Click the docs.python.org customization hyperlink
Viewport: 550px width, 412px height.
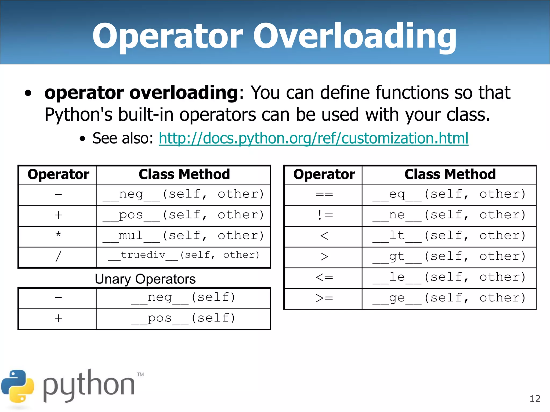click(x=313, y=138)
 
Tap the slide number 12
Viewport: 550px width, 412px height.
click(x=535, y=399)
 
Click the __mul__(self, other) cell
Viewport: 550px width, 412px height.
click(x=183, y=236)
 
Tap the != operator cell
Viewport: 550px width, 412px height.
click(x=324, y=215)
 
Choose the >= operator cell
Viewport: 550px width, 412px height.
click(x=324, y=298)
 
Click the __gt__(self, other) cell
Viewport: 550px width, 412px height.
click(x=449, y=257)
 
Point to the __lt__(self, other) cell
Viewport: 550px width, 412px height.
click(x=449, y=236)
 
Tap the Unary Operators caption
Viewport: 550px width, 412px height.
click(x=145, y=279)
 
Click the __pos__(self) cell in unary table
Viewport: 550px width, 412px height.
click(x=183, y=319)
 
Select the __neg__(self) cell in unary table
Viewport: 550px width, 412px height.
click(x=183, y=298)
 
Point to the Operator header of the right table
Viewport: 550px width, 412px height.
click(x=324, y=175)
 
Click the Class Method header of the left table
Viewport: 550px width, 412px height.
click(x=184, y=175)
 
